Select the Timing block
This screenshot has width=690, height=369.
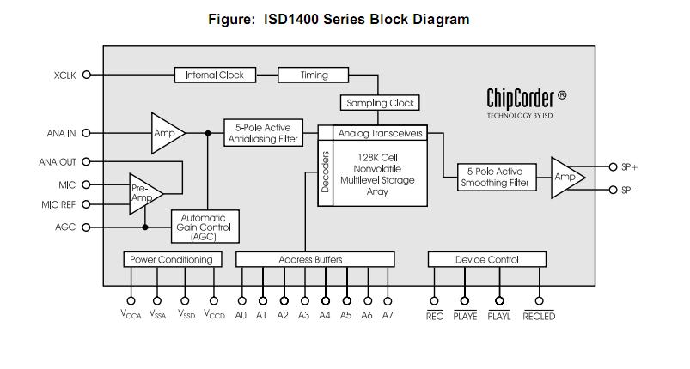pyautogui.click(x=314, y=75)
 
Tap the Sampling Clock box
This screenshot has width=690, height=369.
pyautogui.click(x=380, y=103)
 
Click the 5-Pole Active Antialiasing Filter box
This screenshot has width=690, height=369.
pyautogui.click(x=262, y=133)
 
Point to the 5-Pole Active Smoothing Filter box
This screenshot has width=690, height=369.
pyautogui.click(x=495, y=178)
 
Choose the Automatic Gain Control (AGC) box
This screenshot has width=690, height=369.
pyautogui.click(x=205, y=227)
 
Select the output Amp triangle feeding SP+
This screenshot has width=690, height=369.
pyautogui.click(x=565, y=177)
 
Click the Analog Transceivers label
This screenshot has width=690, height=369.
pyautogui.click(x=380, y=133)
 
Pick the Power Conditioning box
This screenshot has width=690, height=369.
pyautogui.click(x=171, y=259)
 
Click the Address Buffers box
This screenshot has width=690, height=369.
pyautogui.click(x=314, y=259)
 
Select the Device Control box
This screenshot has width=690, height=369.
pyautogui.click(x=485, y=259)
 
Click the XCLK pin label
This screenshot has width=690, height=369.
pyautogui.click(x=64, y=76)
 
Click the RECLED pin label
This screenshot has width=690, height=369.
pyautogui.click(x=539, y=316)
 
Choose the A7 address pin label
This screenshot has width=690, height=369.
pyautogui.click(x=388, y=315)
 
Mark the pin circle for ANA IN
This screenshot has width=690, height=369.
pyautogui.click(x=86, y=133)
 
